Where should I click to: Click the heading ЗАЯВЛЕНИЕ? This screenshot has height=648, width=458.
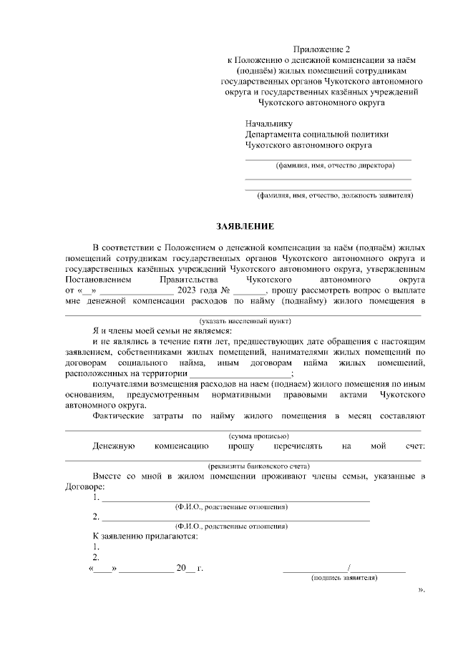click(x=245, y=227)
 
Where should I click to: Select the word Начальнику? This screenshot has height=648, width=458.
click(x=269, y=123)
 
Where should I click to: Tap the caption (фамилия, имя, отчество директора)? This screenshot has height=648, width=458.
click(x=335, y=165)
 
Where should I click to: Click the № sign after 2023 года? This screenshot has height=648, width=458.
click(x=223, y=290)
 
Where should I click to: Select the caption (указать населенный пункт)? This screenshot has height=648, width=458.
click(x=245, y=321)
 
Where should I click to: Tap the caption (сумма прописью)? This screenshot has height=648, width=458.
click(x=258, y=436)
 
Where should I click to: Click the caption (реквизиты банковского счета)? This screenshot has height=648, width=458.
click(x=258, y=465)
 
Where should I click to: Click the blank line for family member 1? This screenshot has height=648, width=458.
click(x=236, y=498)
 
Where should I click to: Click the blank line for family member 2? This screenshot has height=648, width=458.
click(x=236, y=518)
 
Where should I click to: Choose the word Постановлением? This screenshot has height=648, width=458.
click(x=98, y=280)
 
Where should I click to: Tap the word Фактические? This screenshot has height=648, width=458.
click(x=119, y=415)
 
